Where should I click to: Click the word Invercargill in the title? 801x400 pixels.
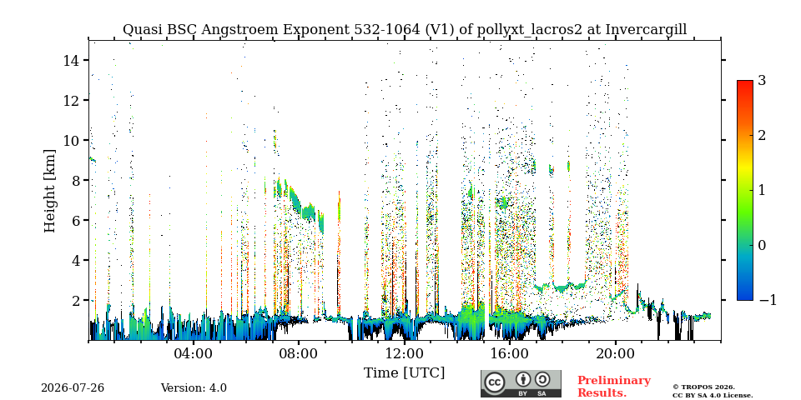pyautogui.click(x=646, y=30)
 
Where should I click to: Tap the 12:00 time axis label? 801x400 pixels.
pyautogui.click(x=405, y=353)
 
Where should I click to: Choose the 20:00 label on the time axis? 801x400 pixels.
pyautogui.click(x=615, y=353)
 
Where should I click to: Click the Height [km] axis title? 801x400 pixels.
pyautogui.click(x=49, y=191)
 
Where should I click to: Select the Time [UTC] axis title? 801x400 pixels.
pyautogui.click(x=404, y=373)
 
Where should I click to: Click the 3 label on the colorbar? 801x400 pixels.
pyautogui.click(x=762, y=80)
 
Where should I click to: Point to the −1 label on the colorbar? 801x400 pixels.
pyautogui.click(x=768, y=300)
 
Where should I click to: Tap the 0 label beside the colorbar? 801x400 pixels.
pyautogui.click(x=762, y=245)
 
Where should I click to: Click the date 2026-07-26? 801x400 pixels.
pyautogui.click(x=73, y=388)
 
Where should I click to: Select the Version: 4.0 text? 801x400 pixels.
pyautogui.click(x=194, y=388)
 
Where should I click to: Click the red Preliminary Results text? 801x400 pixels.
pyautogui.click(x=614, y=387)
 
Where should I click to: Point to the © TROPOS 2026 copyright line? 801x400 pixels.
pyautogui.click(x=704, y=387)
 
